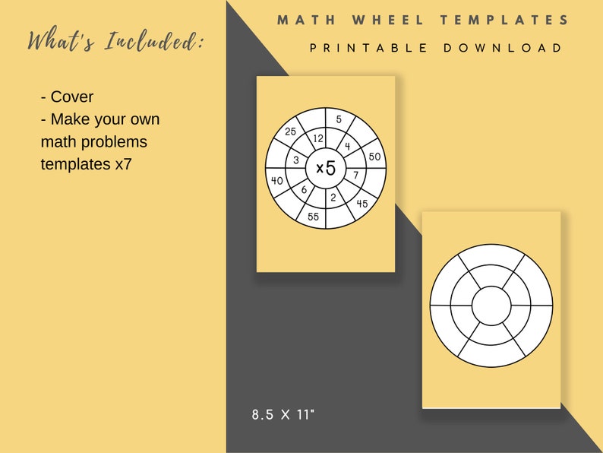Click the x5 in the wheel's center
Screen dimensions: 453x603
326,168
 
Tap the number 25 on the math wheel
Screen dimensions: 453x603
290,131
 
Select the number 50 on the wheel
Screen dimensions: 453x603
374,156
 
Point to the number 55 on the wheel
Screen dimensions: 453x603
312,217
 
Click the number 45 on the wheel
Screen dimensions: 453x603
362,203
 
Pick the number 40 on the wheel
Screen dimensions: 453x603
276,180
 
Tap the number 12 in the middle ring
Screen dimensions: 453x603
319,138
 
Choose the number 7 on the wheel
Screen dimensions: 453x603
355,175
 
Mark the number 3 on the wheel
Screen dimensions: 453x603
296,160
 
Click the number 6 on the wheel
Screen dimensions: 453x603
304,190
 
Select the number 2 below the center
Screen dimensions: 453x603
332,197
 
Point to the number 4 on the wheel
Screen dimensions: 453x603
347,146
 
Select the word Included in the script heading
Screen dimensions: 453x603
153,42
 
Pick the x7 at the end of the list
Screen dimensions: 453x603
123,163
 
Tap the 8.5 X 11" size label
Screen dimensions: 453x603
283,415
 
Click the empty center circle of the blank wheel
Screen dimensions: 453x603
491,306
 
